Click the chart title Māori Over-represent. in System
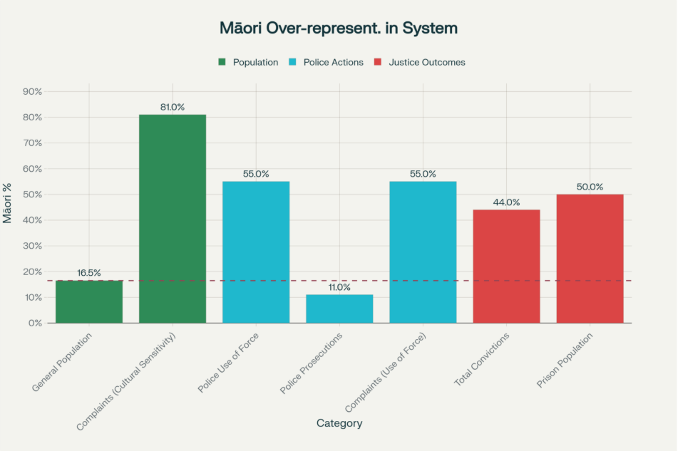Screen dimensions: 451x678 click(339, 28)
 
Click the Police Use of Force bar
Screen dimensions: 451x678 click(256, 252)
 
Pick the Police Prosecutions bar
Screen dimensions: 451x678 click(339, 309)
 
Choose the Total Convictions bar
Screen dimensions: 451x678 click(506, 266)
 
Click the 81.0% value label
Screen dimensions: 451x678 click(173, 108)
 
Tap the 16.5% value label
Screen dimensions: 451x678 click(89, 273)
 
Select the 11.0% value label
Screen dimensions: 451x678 click(339, 288)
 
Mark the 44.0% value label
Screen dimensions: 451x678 click(506, 202)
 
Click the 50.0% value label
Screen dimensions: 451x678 click(590, 187)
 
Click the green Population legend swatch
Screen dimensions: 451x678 click(222, 63)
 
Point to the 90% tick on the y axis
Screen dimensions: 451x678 click(34, 92)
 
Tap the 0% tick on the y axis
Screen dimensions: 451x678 click(36, 323)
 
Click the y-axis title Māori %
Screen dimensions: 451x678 click(8, 203)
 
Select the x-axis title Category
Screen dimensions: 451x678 click(339, 423)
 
